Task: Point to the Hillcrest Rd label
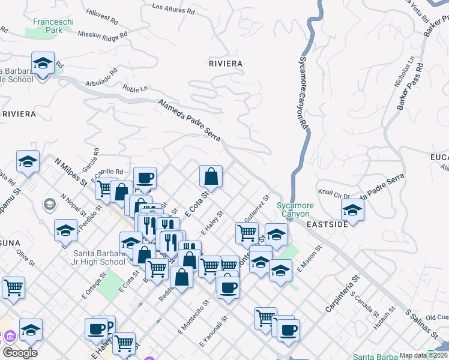(102, 14)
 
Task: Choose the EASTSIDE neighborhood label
(327, 224)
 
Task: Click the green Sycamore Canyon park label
(293, 210)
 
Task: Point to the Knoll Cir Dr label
(334, 195)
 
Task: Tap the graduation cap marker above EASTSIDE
(352, 210)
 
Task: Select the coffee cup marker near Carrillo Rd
(145, 178)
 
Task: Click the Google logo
(20, 353)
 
